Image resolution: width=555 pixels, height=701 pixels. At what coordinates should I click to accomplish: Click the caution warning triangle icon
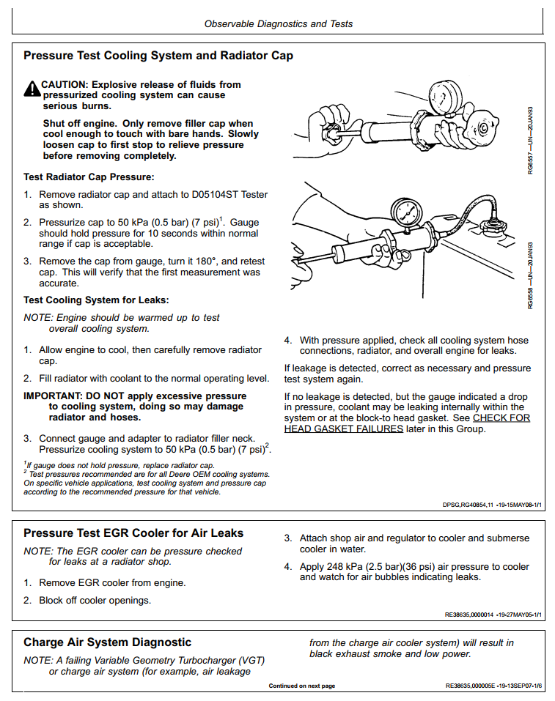click(x=32, y=89)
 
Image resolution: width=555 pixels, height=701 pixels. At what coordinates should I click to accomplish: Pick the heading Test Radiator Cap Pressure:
click(x=89, y=177)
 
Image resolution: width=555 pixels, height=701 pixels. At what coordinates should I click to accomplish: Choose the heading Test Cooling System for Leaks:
click(x=96, y=300)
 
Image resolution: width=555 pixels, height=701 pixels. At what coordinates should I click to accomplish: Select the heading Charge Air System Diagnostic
click(x=107, y=642)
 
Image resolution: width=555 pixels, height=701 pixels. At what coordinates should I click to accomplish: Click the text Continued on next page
click(x=301, y=686)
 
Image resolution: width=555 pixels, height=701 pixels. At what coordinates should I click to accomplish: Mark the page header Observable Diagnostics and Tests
click(x=278, y=24)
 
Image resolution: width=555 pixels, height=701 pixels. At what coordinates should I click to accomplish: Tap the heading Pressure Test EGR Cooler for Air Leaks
click(x=133, y=533)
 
